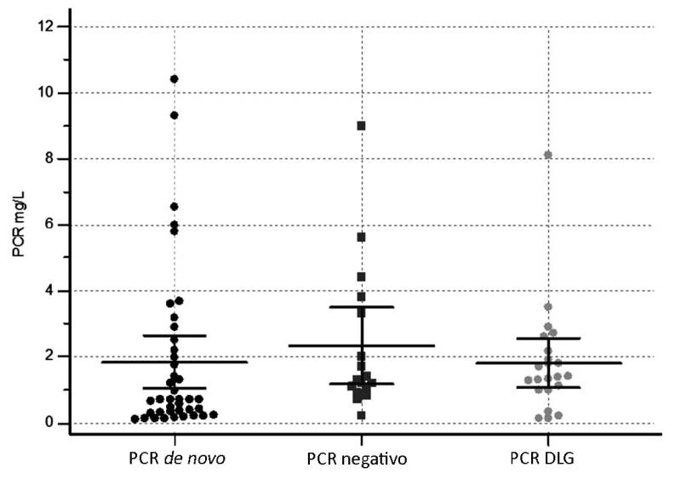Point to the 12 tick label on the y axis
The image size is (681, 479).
[x=48, y=27]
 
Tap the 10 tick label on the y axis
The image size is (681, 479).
[x=48, y=93]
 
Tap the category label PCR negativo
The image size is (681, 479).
[x=358, y=459]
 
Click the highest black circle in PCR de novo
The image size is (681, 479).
[x=174, y=79]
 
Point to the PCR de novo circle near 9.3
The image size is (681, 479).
[x=174, y=115]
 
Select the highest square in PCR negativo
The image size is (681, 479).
[x=361, y=125]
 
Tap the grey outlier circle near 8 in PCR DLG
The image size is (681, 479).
[x=548, y=155]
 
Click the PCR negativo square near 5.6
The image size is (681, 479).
[x=361, y=237]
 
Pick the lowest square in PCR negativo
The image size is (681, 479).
[x=361, y=415]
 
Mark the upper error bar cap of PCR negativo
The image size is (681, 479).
[x=361, y=306]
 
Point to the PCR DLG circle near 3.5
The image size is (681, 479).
[x=548, y=306]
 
